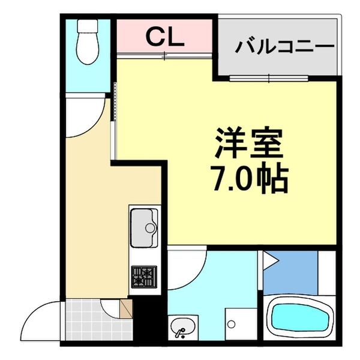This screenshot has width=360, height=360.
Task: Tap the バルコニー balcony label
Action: point(284,46)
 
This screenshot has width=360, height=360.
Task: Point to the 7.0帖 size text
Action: point(248,178)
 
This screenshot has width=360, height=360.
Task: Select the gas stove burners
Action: point(144,277)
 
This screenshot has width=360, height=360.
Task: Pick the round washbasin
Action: point(182,328)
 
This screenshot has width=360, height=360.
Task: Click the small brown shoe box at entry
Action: point(125,310)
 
